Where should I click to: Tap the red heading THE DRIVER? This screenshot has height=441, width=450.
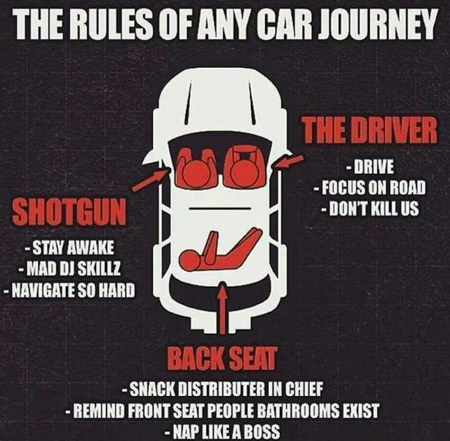pos(370,131)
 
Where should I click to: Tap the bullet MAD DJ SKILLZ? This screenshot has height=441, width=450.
pos(69,270)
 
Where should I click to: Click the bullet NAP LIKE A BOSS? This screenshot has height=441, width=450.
pos(223,432)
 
